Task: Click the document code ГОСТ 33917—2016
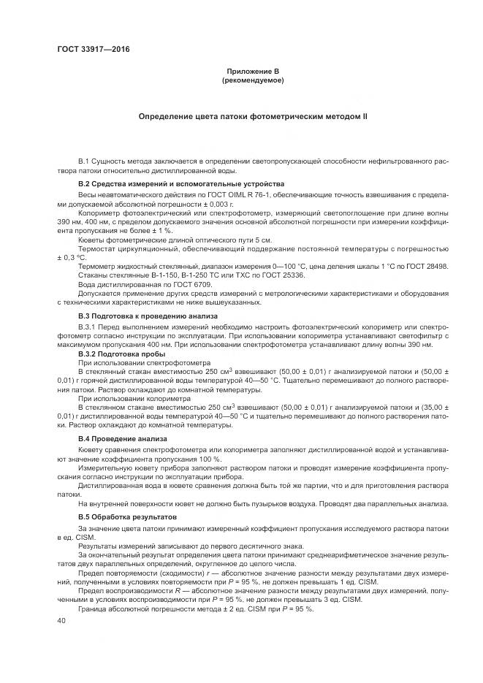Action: (94, 50)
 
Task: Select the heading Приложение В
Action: (251, 71)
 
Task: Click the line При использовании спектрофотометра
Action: (145, 363)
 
